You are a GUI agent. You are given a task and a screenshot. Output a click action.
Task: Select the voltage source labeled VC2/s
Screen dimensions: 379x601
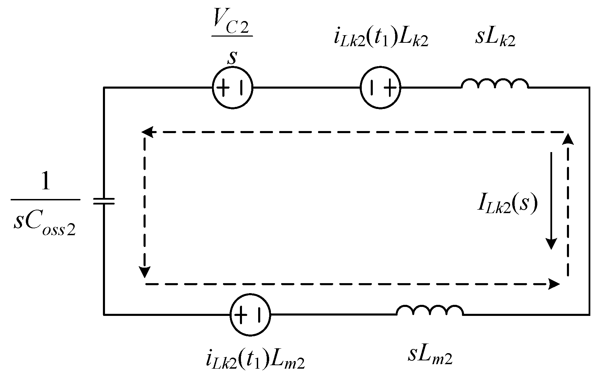232,88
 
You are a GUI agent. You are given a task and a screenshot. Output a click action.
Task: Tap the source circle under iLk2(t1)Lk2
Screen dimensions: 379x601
381,88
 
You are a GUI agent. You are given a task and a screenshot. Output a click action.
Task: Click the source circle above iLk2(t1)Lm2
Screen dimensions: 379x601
250,315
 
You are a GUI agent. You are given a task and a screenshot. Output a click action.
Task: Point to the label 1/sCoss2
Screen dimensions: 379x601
45,207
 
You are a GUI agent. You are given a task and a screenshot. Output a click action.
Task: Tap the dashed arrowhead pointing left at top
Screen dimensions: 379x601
147,132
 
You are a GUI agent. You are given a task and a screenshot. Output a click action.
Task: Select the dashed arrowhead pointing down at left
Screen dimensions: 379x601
145,272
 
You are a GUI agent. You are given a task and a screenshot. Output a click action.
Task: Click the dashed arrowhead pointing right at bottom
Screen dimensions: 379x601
554,284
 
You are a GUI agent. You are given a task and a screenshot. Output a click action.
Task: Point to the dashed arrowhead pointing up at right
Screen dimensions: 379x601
568,139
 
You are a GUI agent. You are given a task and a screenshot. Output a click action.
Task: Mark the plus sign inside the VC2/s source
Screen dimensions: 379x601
224,88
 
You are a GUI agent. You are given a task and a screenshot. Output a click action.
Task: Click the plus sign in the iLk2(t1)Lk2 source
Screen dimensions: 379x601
390,88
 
